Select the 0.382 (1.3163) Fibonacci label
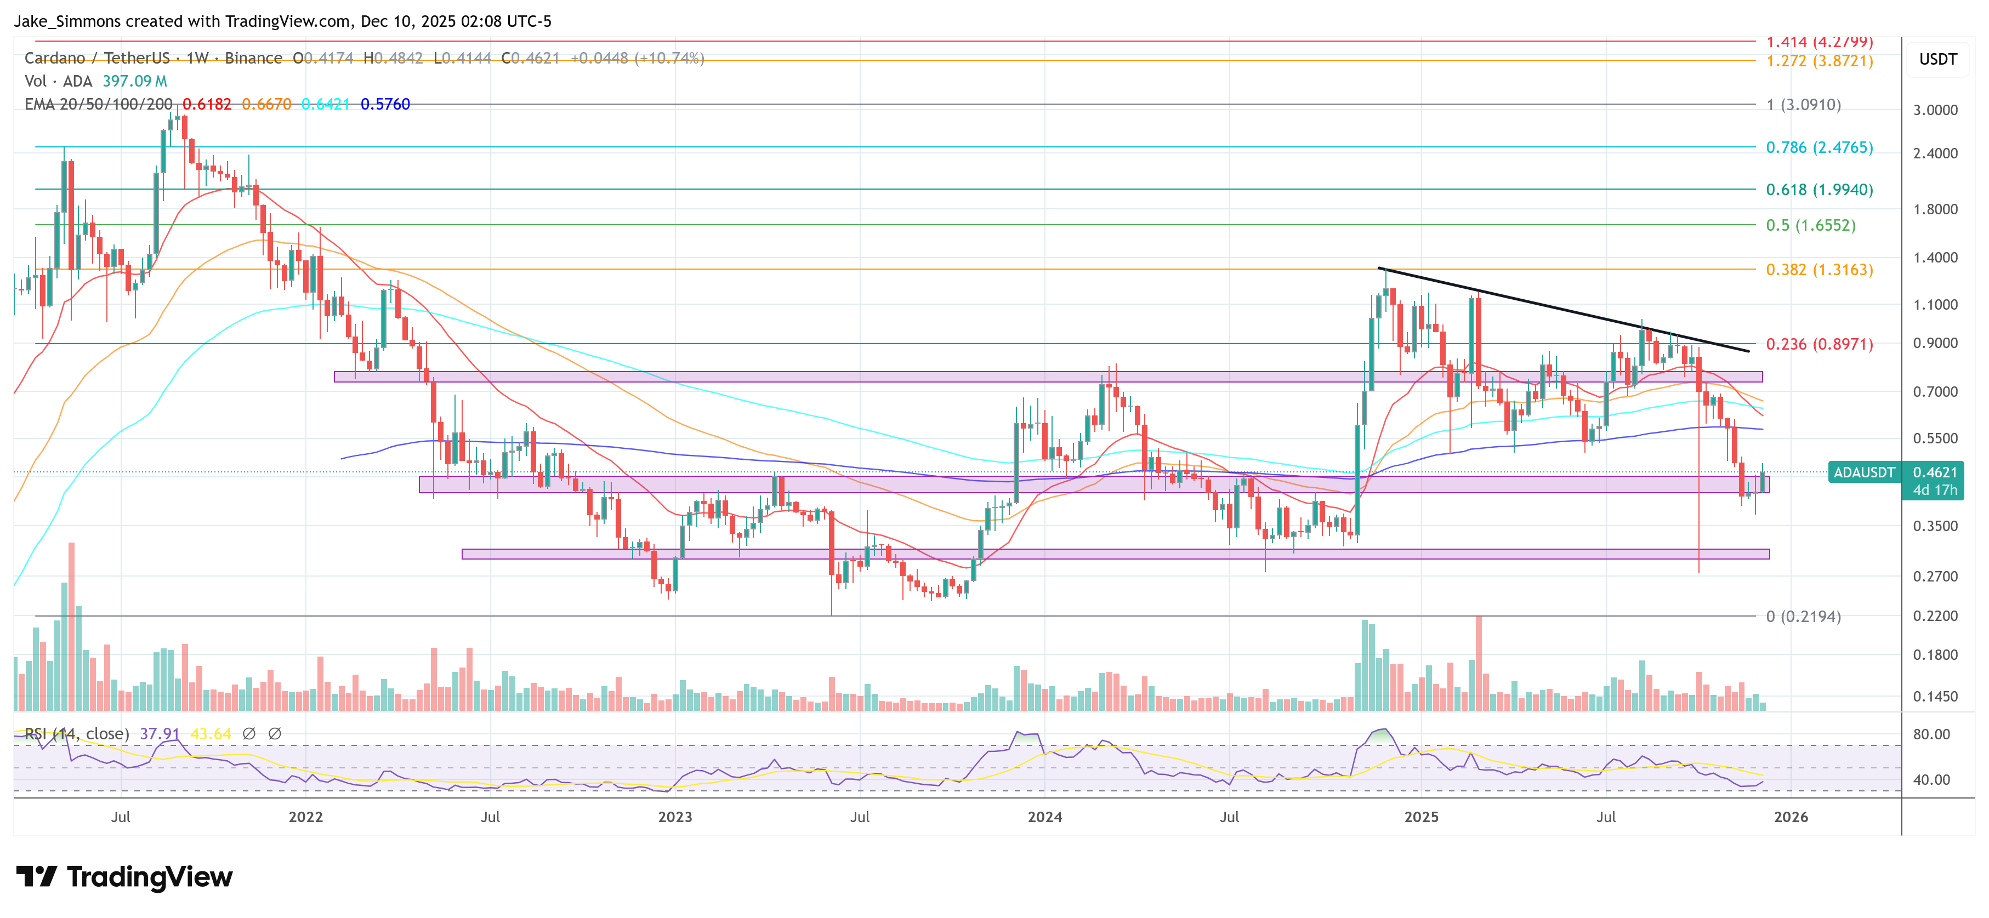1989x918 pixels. (x=1818, y=270)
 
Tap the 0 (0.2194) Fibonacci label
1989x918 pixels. (x=1803, y=616)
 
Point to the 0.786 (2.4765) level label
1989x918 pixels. (x=1818, y=147)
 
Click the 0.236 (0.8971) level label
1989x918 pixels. (x=1818, y=344)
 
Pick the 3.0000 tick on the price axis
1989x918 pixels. (x=1935, y=110)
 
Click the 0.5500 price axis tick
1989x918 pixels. (x=1935, y=438)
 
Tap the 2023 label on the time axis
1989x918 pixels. (x=674, y=817)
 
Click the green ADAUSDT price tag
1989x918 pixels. (x=1863, y=472)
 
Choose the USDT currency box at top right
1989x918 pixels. (x=1937, y=59)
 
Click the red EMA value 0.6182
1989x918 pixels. (x=206, y=104)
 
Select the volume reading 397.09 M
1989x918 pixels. (x=134, y=81)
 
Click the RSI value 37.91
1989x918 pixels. (x=159, y=733)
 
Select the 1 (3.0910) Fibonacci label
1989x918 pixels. (x=1803, y=104)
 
